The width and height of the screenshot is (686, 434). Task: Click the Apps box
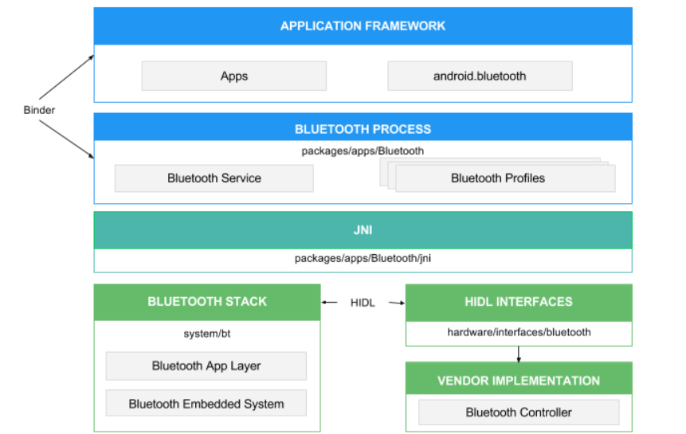[x=234, y=76]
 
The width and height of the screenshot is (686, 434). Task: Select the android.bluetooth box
[x=480, y=76]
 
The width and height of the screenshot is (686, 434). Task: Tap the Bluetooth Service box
[x=214, y=178]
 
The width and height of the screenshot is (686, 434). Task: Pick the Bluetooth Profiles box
[x=505, y=178]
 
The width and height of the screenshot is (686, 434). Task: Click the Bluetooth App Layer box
[x=206, y=366]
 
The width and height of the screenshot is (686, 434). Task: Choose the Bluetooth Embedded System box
[x=206, y=404]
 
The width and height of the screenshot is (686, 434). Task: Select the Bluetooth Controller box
[x=519, y=412]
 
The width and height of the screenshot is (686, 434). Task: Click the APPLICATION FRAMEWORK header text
[x=363, y=26]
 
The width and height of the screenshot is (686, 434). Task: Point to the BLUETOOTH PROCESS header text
[x=363, y=129]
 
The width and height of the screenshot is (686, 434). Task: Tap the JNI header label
[x=363, y=230]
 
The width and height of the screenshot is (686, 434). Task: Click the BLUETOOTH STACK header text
[x=207, y=302]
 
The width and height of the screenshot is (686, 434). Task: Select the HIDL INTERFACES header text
[x=519, y=302]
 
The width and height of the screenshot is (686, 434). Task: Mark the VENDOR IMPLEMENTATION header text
[x=519, y=381]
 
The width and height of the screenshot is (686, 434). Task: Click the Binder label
[x=39, y=110]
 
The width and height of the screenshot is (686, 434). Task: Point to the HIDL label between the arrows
[x=363, y=303]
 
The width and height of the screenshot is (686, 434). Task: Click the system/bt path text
[x=207, y=334]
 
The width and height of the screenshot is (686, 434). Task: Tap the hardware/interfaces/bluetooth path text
[x=519, y=332]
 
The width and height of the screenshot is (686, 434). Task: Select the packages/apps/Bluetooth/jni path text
[x=363, y=258]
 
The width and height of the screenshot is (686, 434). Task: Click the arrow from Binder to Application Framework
[x=66, y=77]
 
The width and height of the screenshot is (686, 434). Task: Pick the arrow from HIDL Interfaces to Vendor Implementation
[x=519, y=354]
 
